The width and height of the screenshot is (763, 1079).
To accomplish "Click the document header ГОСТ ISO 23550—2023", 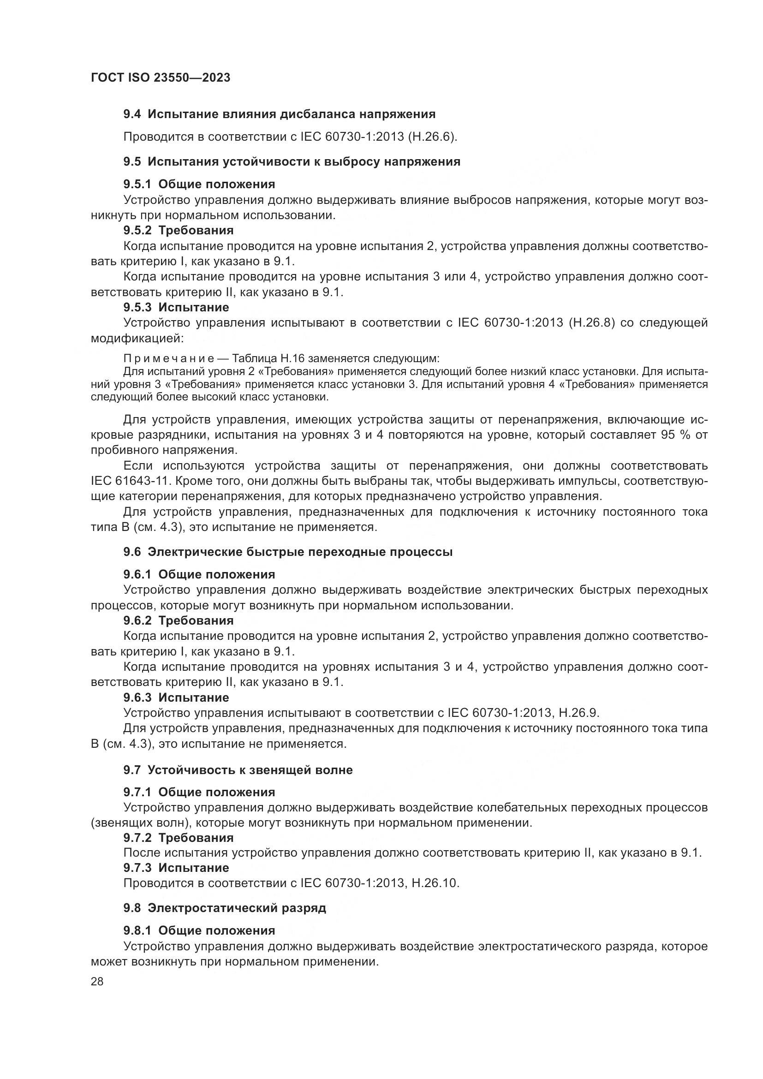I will tap(161, 78).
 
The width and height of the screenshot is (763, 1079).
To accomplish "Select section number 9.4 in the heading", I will tap(132, 114).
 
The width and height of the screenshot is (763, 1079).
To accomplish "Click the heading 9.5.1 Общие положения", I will tap(199, 184).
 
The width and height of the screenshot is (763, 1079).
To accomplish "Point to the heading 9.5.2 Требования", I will tap(179, 230).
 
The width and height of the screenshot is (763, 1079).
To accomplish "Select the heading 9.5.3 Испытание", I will tap(176, 307).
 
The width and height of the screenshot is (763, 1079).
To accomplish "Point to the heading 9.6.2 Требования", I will tap(179, 620).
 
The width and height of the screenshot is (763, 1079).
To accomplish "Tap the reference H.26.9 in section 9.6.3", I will tap(578, 713).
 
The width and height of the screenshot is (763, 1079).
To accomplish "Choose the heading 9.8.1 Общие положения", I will tap(199, 930).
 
